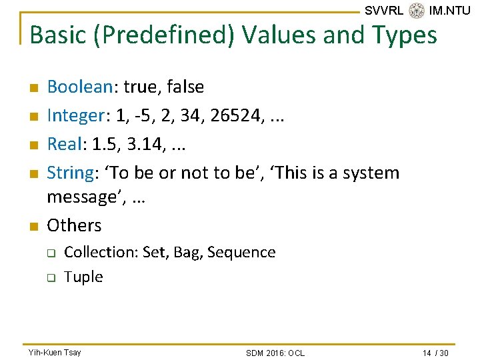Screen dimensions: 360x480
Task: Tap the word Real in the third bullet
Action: (64, 144)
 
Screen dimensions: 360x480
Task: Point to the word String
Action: (69, 173)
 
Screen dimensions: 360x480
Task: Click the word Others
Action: (74, 225)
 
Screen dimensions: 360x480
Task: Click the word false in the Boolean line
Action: (183, 87)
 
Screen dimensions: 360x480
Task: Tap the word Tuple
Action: (83, 277)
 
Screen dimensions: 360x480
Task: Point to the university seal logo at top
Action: (417, 11)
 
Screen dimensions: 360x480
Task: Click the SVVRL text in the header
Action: (384, 11)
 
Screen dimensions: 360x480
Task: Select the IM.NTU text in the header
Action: (450, 11)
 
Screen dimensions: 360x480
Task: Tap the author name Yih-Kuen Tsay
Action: (55, 352)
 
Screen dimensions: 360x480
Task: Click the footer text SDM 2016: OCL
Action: (275, 353)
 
